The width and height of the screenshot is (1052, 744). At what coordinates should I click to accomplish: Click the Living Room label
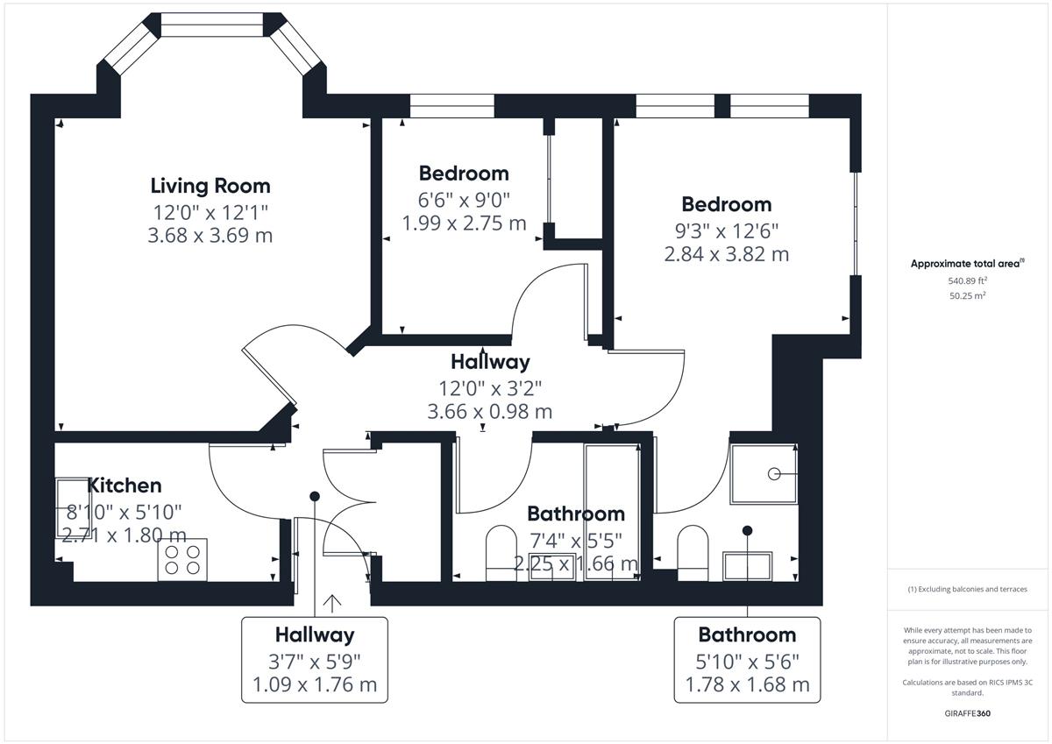pos(210,187)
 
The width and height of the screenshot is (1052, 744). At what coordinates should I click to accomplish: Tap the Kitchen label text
pos(124,485)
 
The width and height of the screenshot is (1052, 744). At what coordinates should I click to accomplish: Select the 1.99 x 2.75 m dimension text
pos(464,223)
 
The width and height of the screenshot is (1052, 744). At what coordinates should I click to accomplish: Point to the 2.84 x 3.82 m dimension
pos(727,254)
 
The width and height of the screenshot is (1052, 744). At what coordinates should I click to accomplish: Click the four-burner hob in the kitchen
pos(182,559)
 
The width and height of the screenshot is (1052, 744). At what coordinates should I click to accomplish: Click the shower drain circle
pos(774,474)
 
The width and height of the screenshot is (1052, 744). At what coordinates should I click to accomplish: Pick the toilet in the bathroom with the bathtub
pos(501,553)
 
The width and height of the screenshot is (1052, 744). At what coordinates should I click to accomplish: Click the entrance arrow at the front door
pos(332,604)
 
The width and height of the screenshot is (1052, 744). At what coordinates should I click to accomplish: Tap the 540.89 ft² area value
pos(968,280)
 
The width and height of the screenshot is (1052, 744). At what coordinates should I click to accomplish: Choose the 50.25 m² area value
pos(968,295)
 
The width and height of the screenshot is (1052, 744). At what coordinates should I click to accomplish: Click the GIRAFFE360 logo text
pos(968,713)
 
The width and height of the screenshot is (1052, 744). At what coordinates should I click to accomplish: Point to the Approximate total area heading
pos(968,263)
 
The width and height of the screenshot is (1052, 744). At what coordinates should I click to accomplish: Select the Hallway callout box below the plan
pos(315,660)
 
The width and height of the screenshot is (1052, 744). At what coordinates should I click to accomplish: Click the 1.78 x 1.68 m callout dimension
pos(747,684)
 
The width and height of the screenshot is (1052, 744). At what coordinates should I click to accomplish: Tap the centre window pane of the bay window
pos(212,25)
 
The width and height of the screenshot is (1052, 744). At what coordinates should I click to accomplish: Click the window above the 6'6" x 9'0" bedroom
pos(451,106)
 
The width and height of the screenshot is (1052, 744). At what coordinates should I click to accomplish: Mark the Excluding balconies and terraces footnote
pos(968,589)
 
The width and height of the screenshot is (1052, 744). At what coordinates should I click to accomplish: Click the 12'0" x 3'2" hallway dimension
pos(490,389)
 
